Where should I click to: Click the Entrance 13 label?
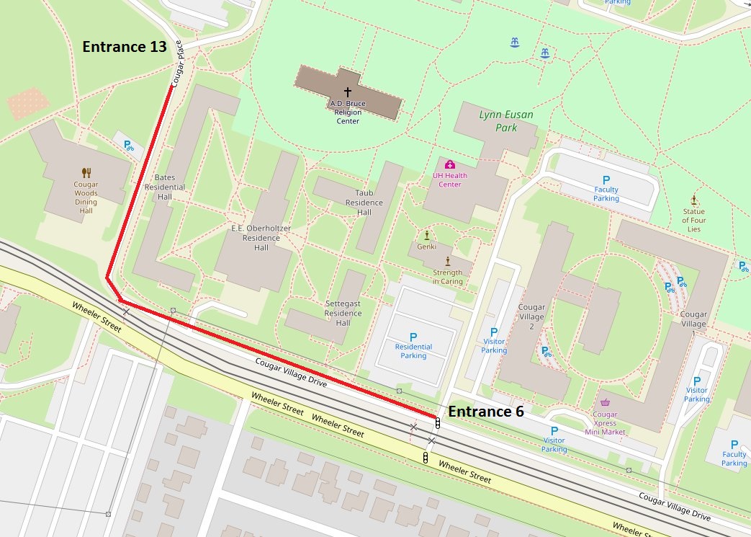click(125, 47)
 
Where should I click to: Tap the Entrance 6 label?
click(486, 411)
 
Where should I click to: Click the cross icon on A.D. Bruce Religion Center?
click(348, 92)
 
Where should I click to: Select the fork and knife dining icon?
click(86, 172)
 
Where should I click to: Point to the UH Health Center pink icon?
click(450, 165)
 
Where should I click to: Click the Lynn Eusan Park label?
click(498, 121)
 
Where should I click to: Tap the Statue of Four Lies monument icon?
click(694, 200)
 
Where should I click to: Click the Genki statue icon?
click(426, 235)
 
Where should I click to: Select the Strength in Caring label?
click(448, 278)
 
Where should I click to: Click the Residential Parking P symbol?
click(413, 337)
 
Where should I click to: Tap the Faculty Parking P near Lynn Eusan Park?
click(606, 179)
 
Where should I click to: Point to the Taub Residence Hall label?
click(364, 203)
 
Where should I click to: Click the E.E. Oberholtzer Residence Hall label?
click(261, 238)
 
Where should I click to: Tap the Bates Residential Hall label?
click(165, 187)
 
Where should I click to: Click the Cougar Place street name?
click(180, 63)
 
